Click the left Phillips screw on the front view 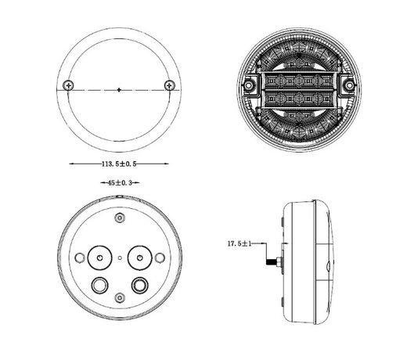(x=68, y=85)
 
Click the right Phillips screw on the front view (x=170, y=85)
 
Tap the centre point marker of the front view (x=119, y=90)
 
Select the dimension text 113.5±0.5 (x=119, y=164)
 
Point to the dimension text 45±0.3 (x=120, y=183)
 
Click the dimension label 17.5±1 (x=240, y=243)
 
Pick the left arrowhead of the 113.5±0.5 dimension (x=71, y=164)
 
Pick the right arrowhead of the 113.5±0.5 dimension (x=167, y=164)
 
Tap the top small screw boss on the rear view (x=120, y=218)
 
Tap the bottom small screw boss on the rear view (x=120, y=297)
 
